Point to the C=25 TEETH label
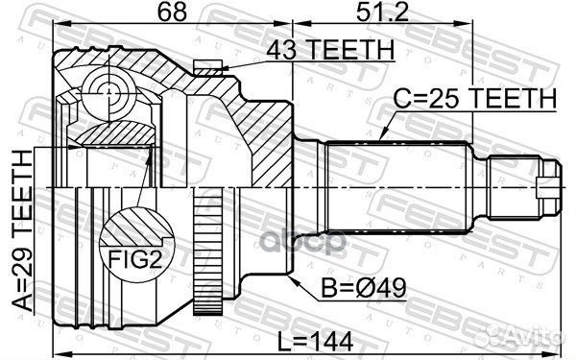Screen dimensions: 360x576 [474, 97]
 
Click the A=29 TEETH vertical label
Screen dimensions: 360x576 [22, 232]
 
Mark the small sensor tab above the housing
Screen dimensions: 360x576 [204, 65]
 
